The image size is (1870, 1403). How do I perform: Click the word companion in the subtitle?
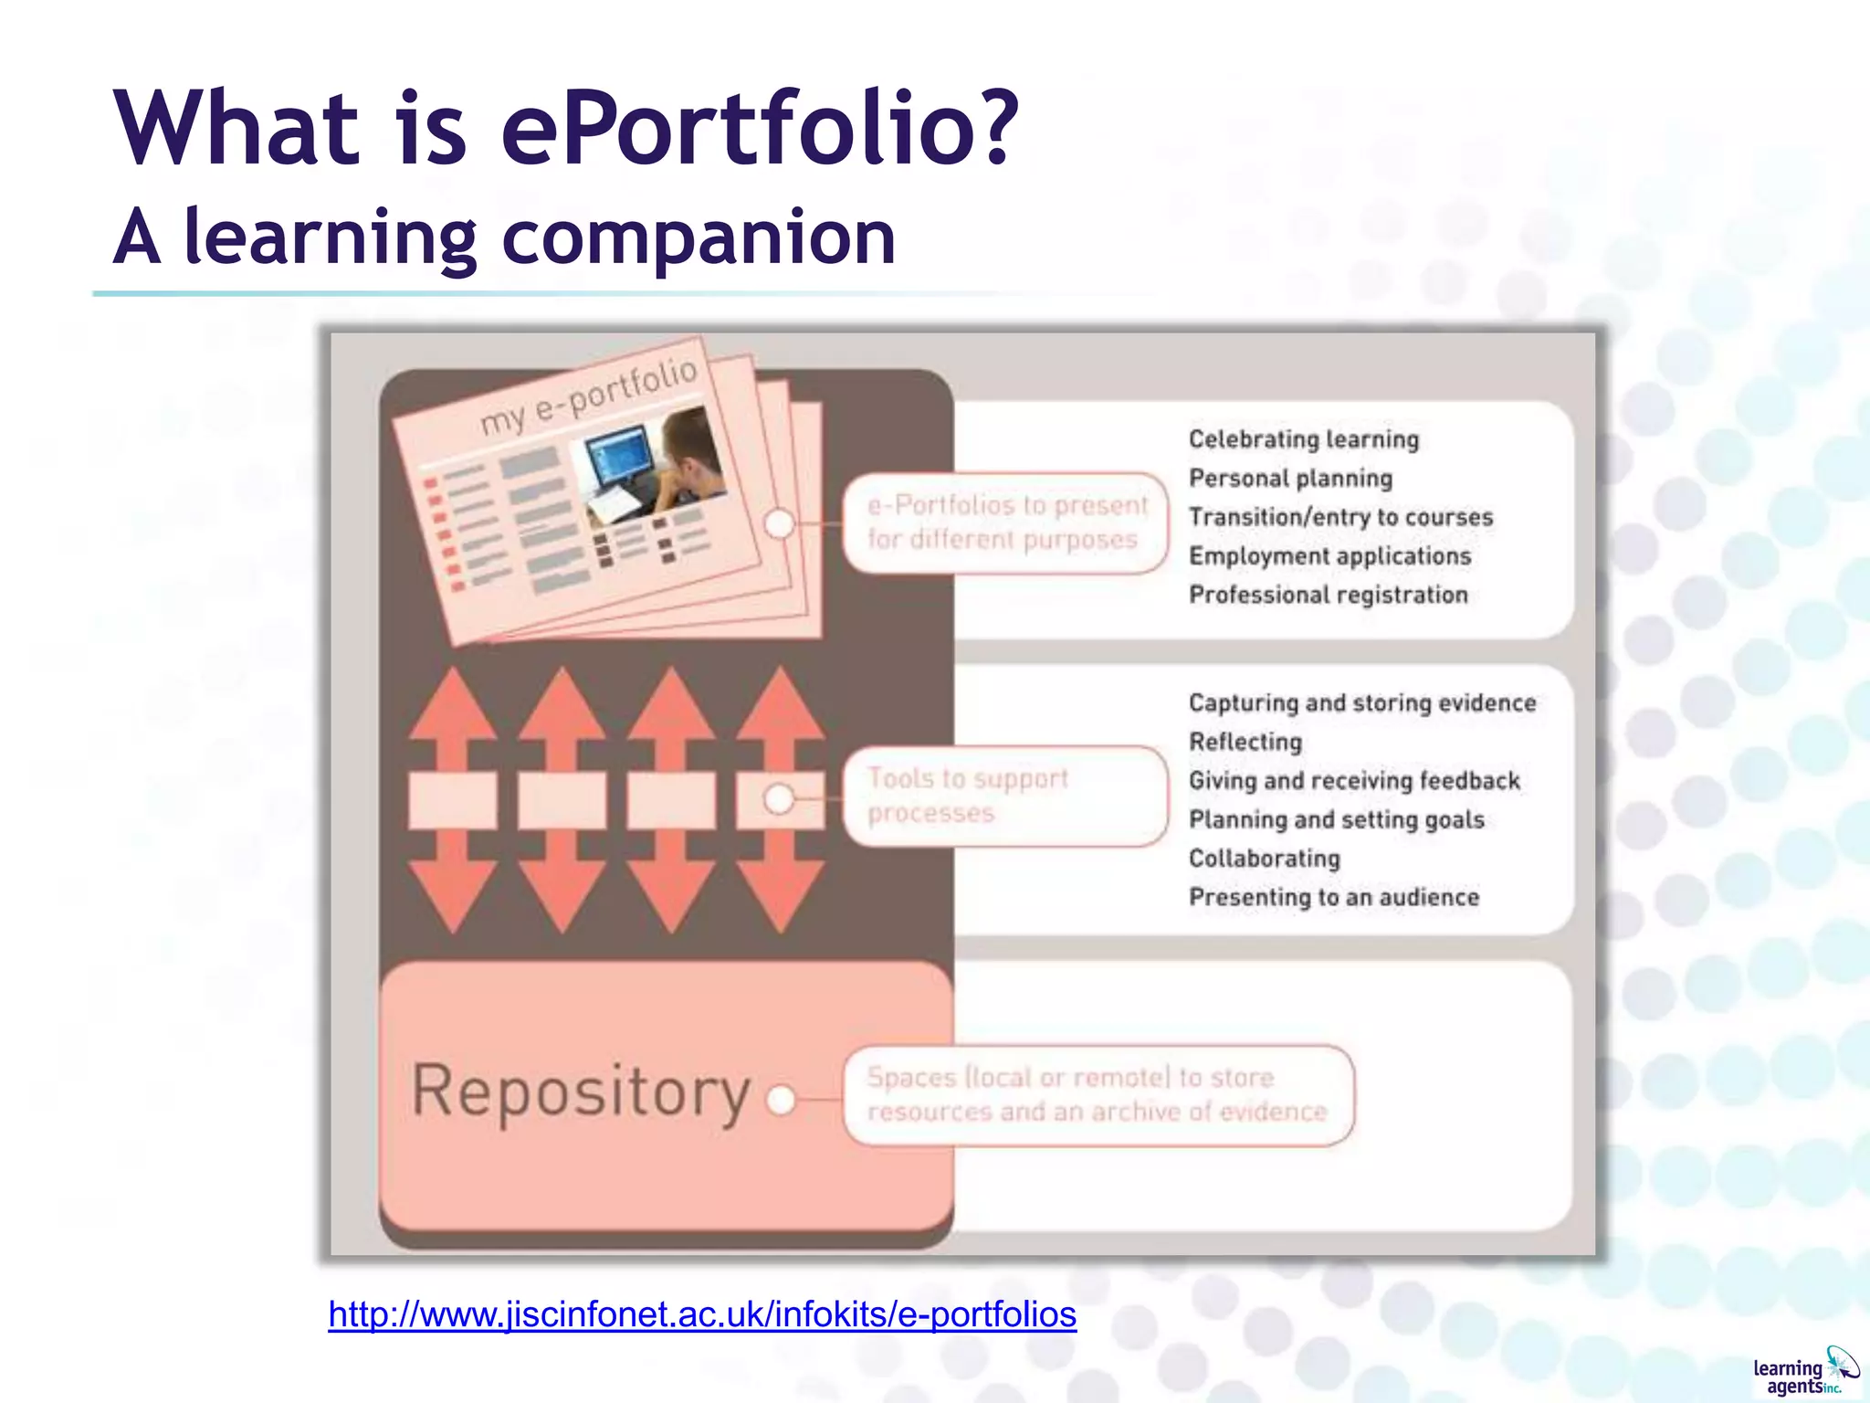click(x=699, y=237)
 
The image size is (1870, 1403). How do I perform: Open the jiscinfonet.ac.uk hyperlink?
click(x=702, y=1314)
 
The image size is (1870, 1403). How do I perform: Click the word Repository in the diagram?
click(x=581, y=1091)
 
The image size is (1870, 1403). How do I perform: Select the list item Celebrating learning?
click(x=1303, y=439)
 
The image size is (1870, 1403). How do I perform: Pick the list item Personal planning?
click(x=1290, y=479)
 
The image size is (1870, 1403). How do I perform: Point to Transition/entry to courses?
click(x=1340, y=517)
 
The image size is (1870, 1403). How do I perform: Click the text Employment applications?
click(x=1329, y=556)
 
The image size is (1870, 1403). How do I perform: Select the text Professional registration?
click(x=1328, y=596)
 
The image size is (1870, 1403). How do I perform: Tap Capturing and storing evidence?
click(x=1361, y=703)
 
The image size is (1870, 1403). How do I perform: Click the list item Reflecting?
click(x=1245, y=742)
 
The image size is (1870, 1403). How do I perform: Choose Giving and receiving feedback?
click(x=1353, y=781)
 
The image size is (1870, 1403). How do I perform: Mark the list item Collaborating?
click(x=1264, y=859)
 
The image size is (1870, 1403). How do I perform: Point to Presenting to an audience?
click(x=1333, y=898)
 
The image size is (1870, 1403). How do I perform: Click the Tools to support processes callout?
click(x=1004, y=796)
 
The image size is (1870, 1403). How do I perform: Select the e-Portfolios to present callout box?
click(x=1005, y=523)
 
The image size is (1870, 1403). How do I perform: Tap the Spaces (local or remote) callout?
click(x=1097, y=1095)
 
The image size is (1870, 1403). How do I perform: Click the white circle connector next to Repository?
click(x=781, y=1100)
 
